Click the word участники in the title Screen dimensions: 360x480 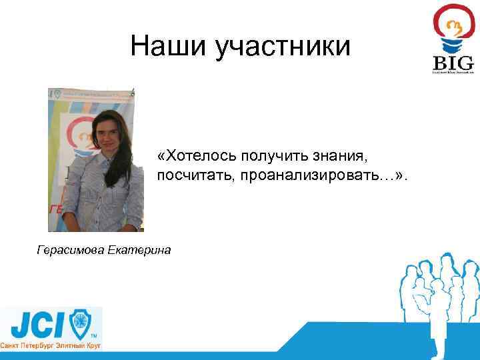[283, 47]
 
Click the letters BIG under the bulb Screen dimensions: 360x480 [453, 64]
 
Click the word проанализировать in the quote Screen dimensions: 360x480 [301, 175]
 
